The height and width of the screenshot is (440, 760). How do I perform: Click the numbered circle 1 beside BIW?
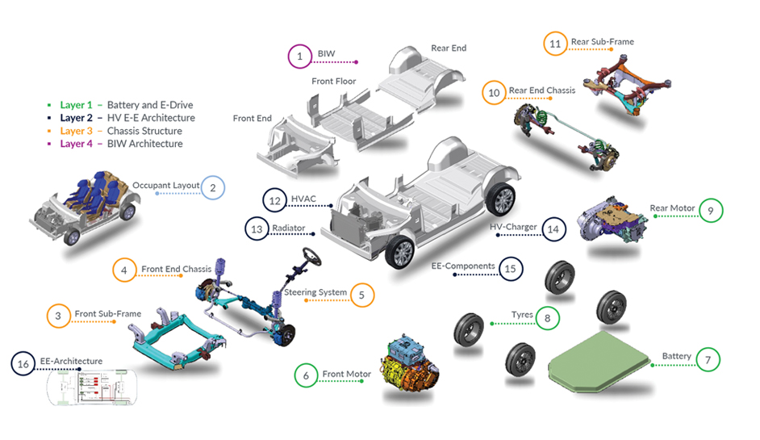pos(299,56)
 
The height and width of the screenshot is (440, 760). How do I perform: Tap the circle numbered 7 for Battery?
pos(708,359)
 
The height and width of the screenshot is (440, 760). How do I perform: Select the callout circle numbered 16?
pos(23,365)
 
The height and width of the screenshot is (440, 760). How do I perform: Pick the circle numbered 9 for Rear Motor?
pos(711,211)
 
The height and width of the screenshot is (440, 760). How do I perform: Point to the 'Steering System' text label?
pos(315,293)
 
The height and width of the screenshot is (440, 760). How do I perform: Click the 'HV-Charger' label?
pos(513,228)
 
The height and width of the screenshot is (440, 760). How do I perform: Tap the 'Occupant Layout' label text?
pos(165,185)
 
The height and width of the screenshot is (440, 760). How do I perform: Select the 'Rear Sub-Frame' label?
pos(603,42)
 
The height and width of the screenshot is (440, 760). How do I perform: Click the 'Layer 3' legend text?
pos(78,131)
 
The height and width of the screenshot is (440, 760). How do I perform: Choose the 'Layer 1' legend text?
pos(78,105)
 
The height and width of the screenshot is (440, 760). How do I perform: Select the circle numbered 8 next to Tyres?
pos(548,318)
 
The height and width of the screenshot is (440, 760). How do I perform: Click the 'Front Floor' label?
pos(334,82)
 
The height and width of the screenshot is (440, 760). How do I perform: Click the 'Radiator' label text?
pos(288,228)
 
